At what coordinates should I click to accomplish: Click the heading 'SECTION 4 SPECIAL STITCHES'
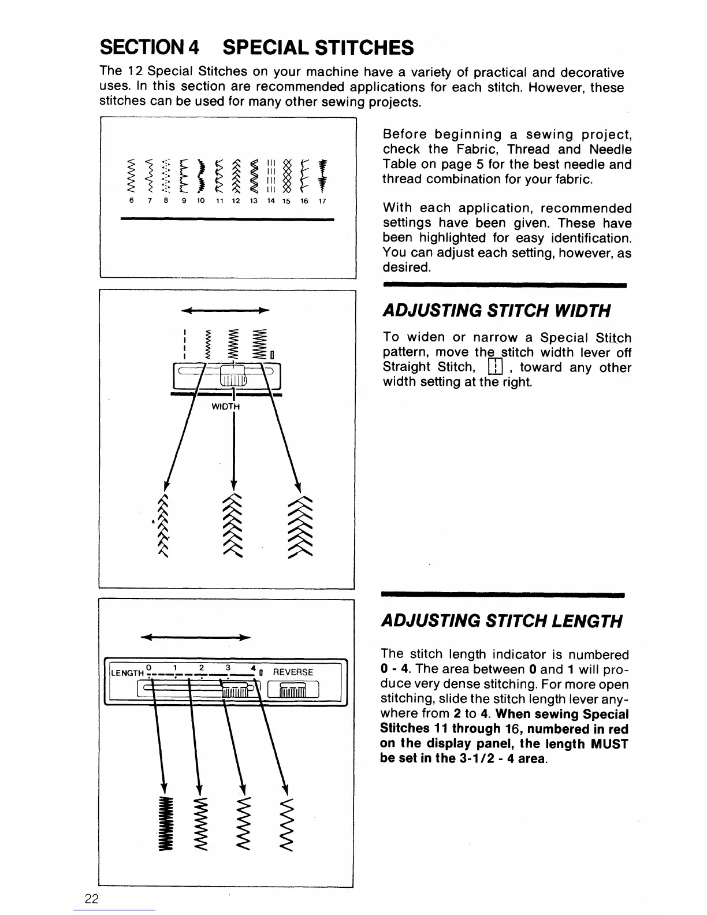(x=256, y=47)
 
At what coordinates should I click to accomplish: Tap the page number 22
(x=91, y=899)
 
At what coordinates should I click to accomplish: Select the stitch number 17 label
(x=322, y=201)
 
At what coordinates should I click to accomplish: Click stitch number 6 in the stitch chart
(x=132, y=201)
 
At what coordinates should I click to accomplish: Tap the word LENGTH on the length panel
(x=127, y=673)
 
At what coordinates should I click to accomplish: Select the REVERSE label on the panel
(x=293, y=672)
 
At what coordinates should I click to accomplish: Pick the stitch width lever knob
(x=233, y=376)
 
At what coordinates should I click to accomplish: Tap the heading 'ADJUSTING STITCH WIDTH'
(x=496, y=311)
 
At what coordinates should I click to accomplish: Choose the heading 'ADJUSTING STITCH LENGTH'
(x=501, y=622)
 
